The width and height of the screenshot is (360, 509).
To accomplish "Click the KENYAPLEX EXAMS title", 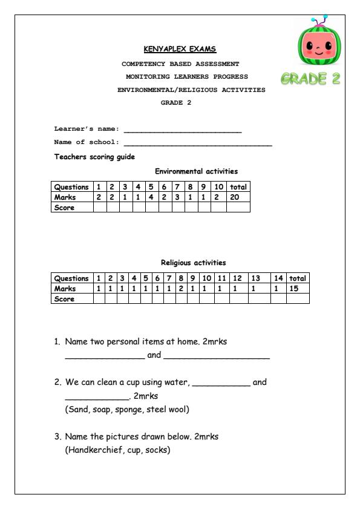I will point(180,48).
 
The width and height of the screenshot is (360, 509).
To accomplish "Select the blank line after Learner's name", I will point(182,130).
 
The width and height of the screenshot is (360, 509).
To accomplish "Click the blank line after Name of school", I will point(197,144).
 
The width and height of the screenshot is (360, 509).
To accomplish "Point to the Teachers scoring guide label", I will point(94,157).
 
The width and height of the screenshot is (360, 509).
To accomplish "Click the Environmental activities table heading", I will point(196,171).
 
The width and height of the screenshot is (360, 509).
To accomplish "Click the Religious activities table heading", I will point(193,263).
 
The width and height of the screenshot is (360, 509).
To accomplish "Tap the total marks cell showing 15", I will point(297,289).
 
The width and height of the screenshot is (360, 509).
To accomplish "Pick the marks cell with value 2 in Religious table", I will point(181,289).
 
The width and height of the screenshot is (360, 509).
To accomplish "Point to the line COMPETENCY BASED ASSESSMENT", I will point(180,64).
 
